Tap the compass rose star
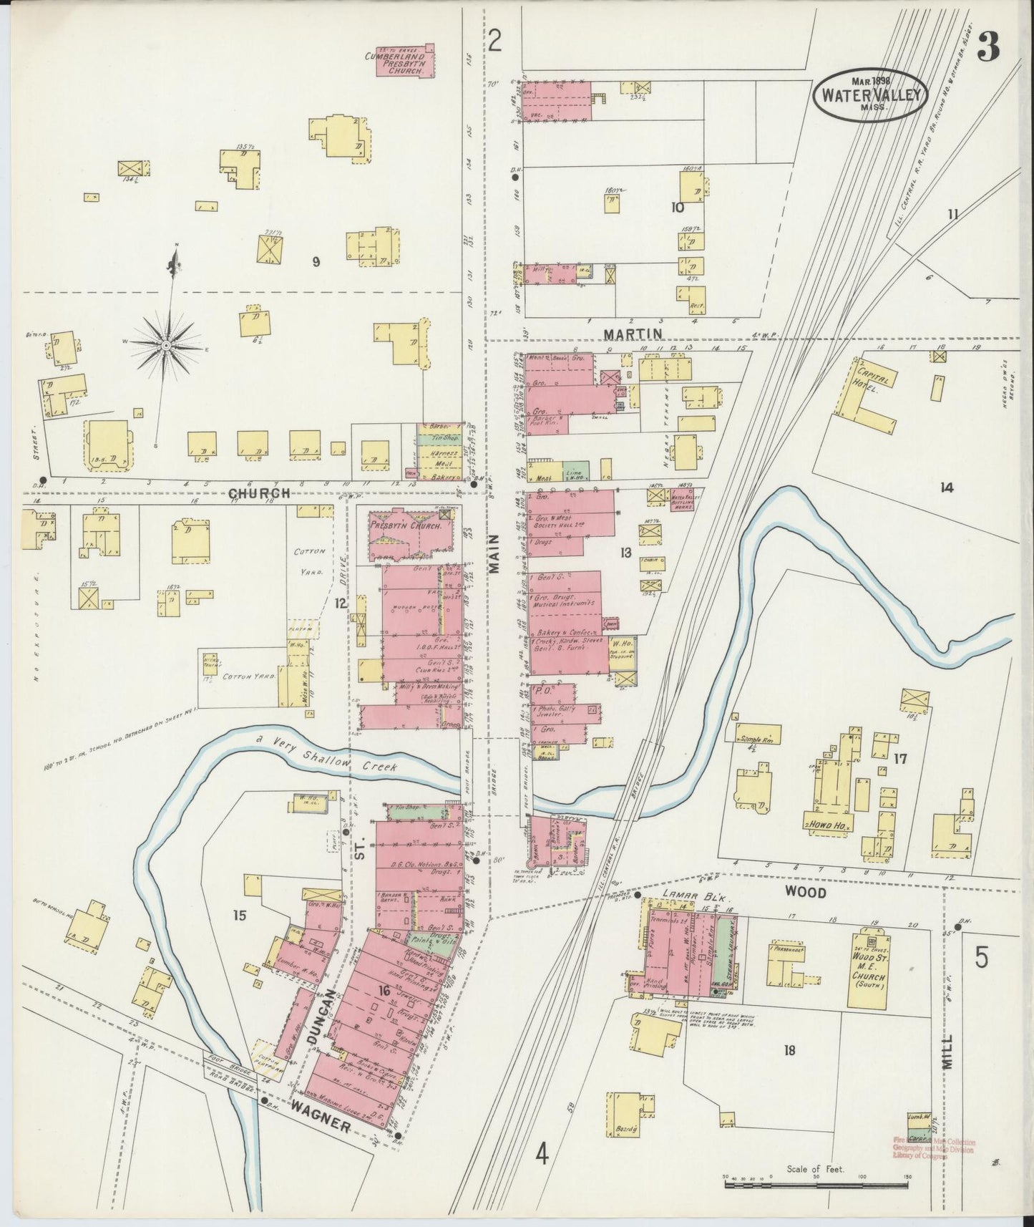click(166, 345)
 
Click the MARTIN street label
click(633, 334)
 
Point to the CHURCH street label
click(260, 493)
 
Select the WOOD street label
click(805, 893)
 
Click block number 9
click(316, 262)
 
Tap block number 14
click(947, 488)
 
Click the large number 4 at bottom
click(543, 1155)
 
